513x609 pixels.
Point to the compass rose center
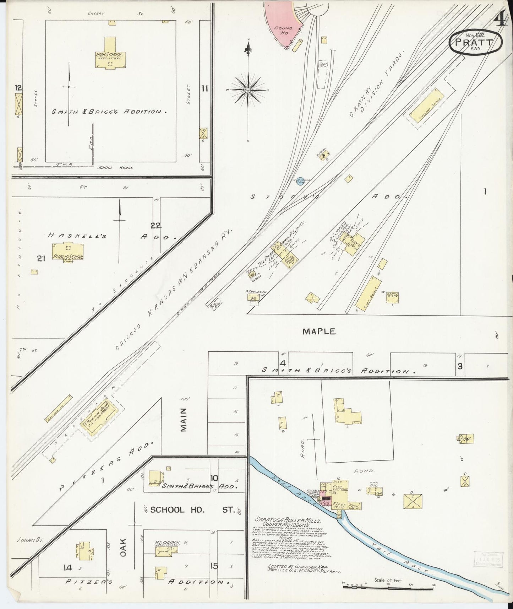[247, 90]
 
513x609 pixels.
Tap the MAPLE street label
[319, 332]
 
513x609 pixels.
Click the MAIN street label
[183, 420]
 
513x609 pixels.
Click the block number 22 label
[155, 225]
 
